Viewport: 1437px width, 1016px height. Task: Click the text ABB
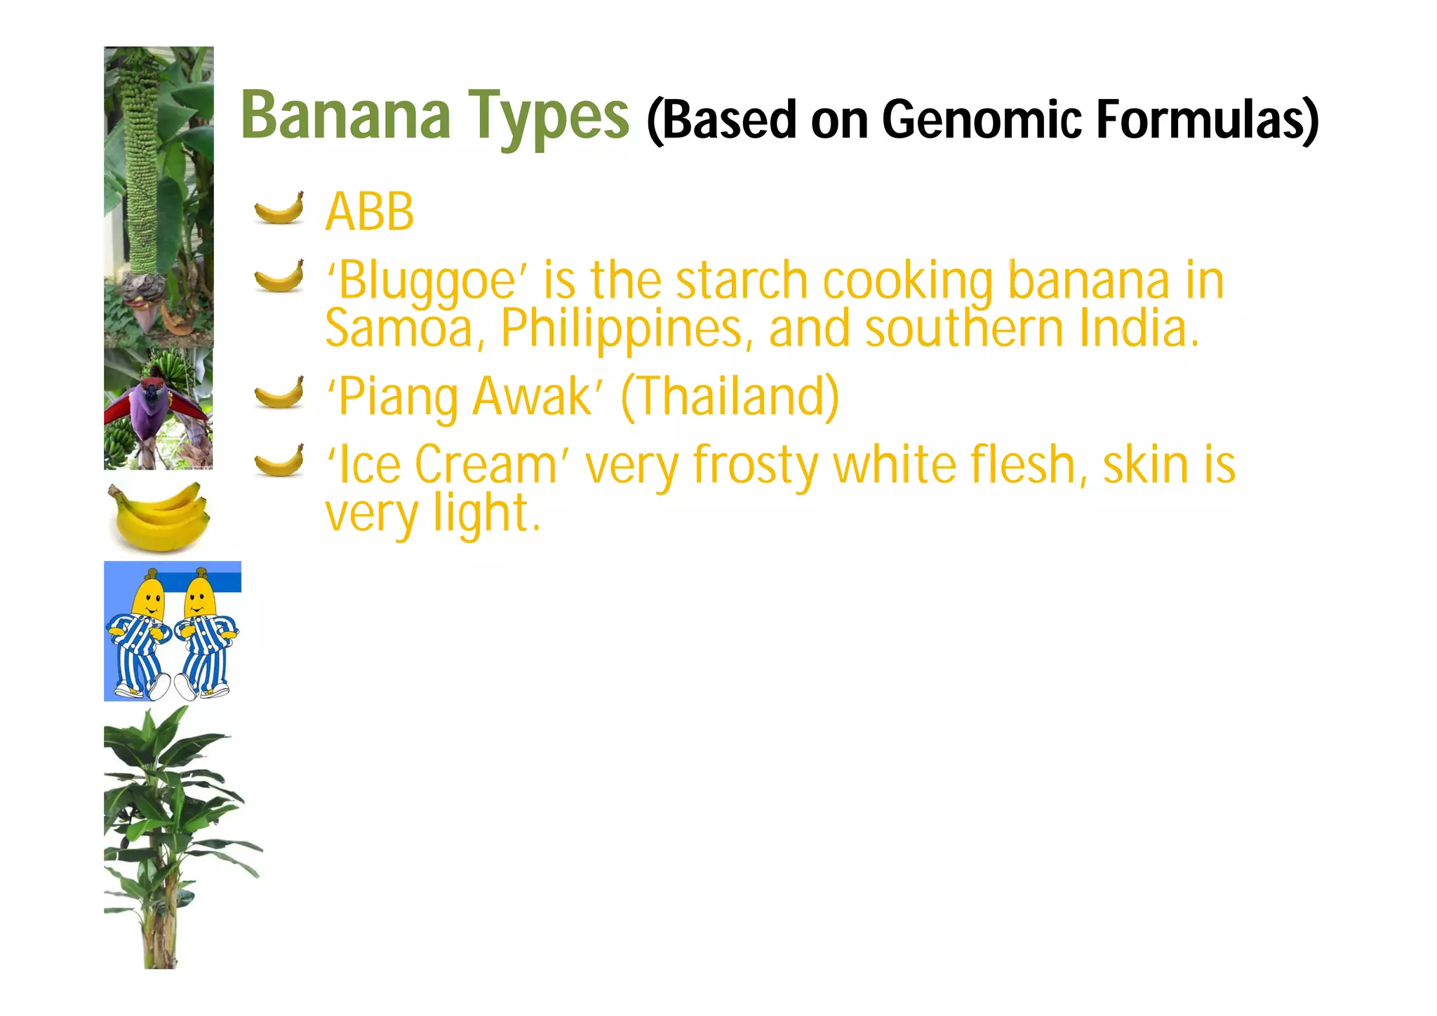[x=370, y=211]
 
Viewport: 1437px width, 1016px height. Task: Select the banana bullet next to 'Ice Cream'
[x=279, y=461]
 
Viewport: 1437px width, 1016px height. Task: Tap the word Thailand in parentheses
[x=730, y=397]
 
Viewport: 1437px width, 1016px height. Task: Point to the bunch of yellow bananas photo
[x=160, y=517]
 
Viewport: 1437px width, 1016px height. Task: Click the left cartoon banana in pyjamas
[x=141, y=634]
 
